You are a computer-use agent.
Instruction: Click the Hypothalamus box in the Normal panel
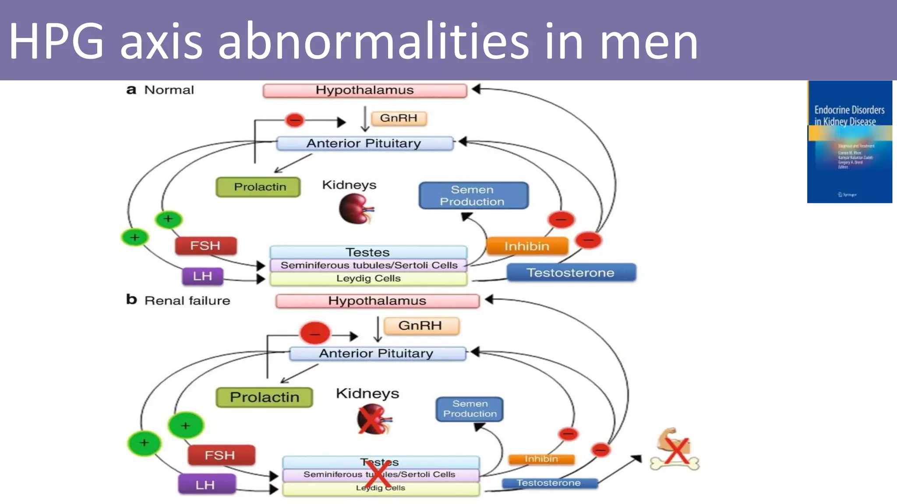point(364,91)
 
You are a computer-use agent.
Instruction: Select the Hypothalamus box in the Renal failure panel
point(377,301)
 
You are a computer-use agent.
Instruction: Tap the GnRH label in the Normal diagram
point(399,118)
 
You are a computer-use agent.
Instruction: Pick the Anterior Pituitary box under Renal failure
point(377,353)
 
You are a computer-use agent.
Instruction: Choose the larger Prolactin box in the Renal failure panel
point(264,397)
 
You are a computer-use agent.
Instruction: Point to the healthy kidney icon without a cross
point(356,209)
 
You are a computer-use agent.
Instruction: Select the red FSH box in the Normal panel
point(205,246)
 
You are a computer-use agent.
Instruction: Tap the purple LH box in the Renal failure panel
point(206,485)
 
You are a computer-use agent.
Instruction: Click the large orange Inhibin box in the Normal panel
point(527,246)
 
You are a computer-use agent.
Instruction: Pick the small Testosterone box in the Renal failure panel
point(549,483)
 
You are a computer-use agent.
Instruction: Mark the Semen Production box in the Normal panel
point(473,196)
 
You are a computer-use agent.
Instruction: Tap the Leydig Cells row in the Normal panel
point(368,279)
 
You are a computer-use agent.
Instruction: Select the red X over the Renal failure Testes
point(378,475)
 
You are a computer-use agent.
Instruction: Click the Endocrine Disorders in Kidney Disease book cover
point(849,141)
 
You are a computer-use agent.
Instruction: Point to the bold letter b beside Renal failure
point(131,300)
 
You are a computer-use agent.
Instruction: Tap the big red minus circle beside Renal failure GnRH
point(314,333)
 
